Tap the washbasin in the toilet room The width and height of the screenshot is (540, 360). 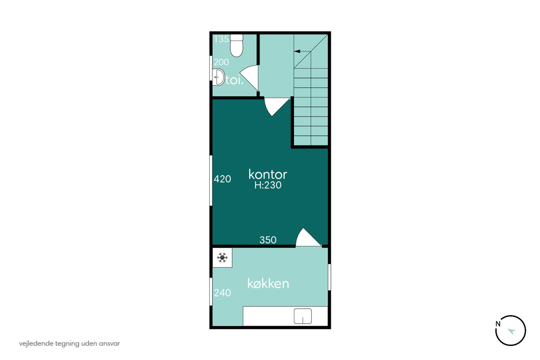click(x=218, y=77)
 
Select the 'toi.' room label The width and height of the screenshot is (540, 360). click(x=235, y=80)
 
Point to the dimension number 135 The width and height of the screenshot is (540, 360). click(x=221, y=39)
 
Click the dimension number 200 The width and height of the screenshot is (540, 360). click(x=221, y=62)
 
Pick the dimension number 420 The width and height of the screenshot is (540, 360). click(x=222, y=179)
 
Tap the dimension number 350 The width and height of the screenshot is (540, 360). click(x=268, y=240)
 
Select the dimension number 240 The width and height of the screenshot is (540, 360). click(x=222, y=293)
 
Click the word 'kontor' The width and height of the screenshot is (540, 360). click(x=268, y=174)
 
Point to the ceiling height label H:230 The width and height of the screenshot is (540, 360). click(x=268, y=185)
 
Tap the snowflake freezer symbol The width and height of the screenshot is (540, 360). click(x=222, y=257)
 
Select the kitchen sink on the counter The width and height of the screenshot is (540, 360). click(x=303, y=316)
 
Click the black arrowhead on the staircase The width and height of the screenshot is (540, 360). click(x=297, y=51)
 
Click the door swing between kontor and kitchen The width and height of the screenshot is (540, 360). click(x=309, y=238)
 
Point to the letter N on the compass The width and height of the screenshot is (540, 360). click(x=498, y=324)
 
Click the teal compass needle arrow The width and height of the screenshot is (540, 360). click(x=512, y=331)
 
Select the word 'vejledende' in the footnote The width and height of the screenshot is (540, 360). click(x=36, y=343)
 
